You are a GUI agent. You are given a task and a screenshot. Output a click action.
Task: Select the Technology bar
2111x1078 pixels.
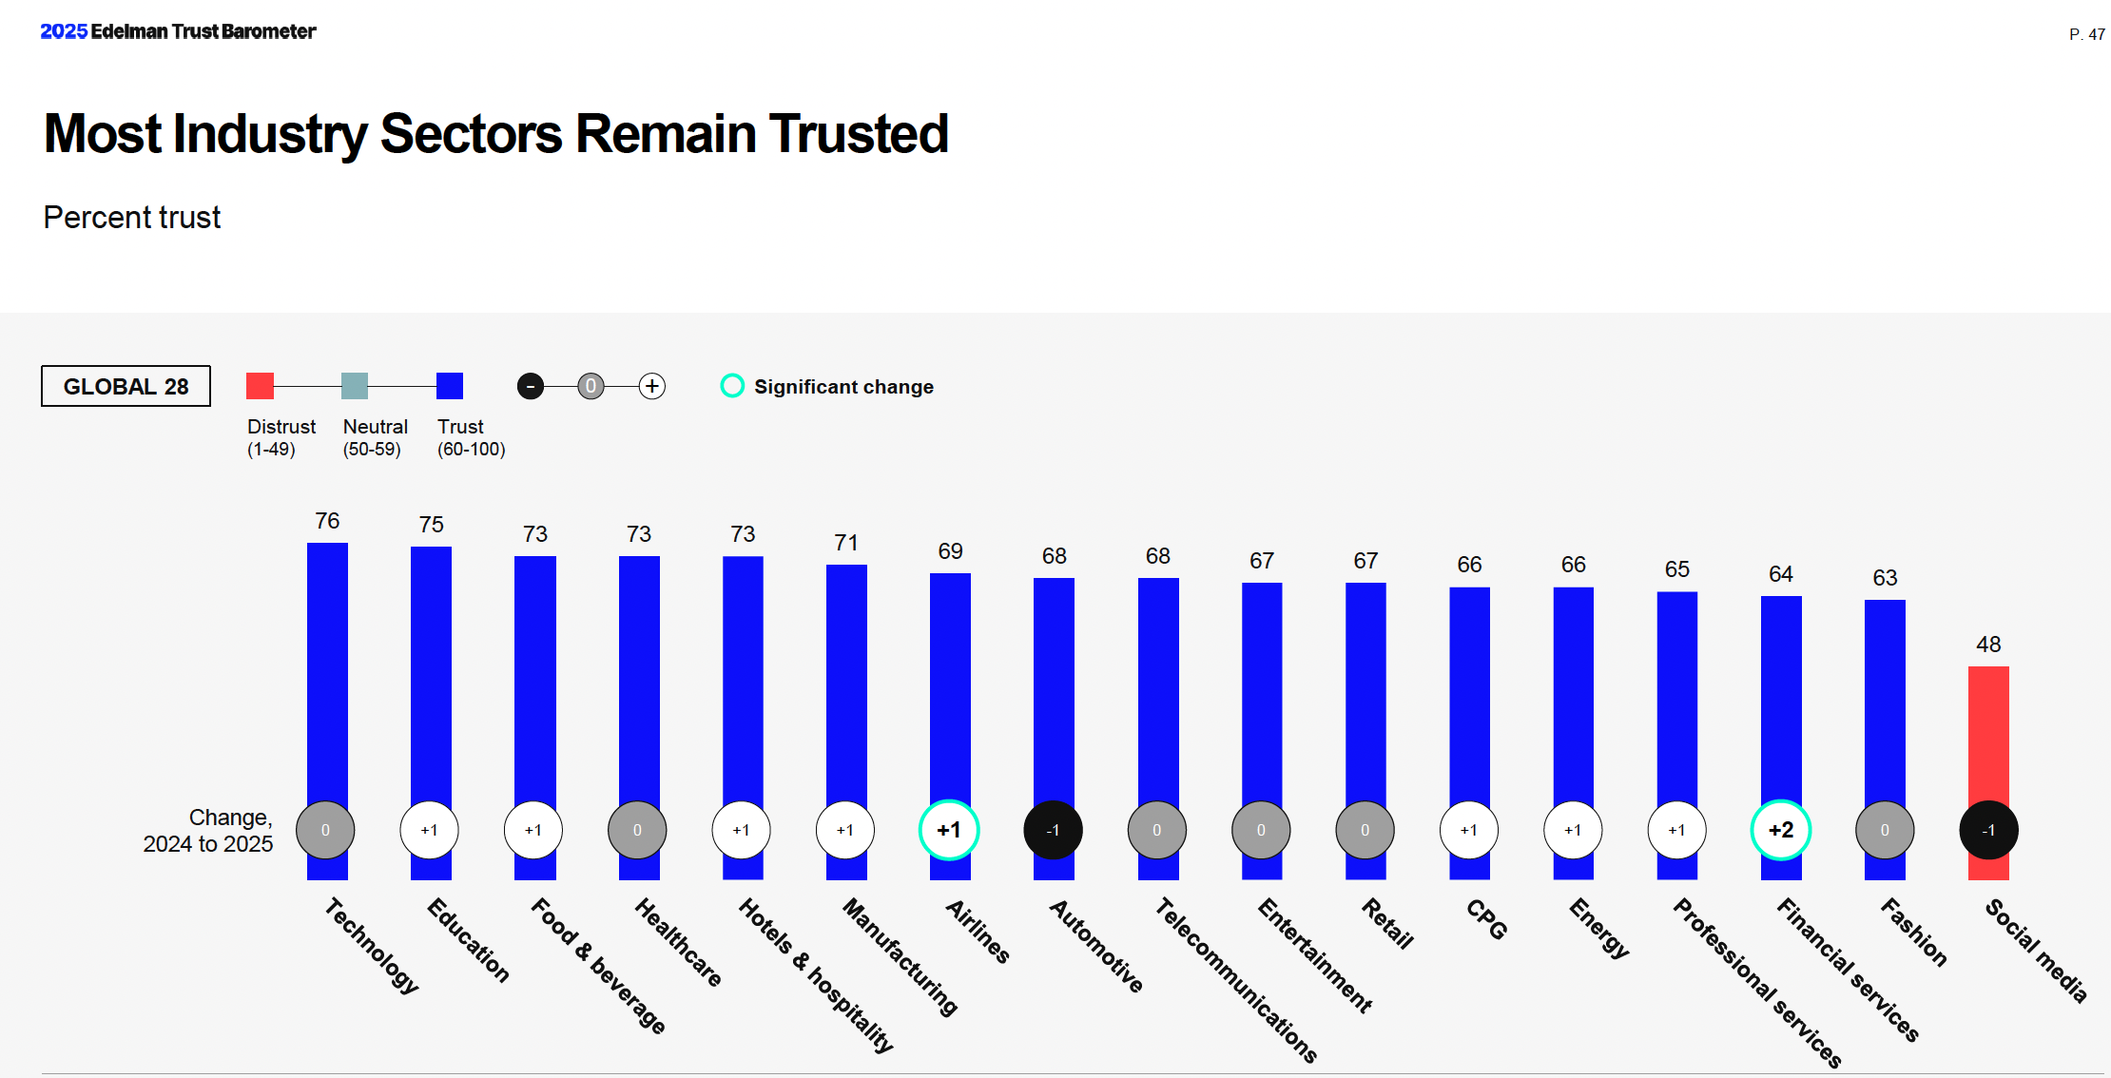click(327, 665)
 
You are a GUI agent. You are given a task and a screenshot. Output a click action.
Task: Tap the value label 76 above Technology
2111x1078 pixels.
click(327, 521)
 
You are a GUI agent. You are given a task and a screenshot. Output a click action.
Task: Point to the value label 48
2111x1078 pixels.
click(1988, 645)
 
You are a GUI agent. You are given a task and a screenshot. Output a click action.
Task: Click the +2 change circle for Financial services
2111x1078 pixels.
click(1780, 830)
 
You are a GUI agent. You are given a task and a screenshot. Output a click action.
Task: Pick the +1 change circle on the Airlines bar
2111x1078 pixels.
click(949, 830)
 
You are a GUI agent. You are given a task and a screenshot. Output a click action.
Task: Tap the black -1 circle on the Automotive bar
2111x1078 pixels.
click(1053, 830)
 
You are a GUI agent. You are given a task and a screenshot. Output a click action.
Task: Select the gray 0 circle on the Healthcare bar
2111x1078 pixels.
click(637, 830)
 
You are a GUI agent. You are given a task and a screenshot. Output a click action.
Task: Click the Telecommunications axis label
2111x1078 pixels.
click(1235, 979)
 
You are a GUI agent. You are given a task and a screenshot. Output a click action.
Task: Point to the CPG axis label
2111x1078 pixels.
click(1486, 919)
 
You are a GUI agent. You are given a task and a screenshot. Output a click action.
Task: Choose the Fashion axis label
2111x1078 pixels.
click(1913, 933)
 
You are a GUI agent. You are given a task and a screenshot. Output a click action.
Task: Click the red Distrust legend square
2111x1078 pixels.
click(260, 386)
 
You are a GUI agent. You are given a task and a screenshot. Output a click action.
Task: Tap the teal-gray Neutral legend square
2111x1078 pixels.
click(355, 386)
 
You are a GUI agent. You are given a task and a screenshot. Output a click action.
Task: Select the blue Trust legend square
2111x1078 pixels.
click(450, 386)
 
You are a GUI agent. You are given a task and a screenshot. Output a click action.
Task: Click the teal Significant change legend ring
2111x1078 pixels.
click(732, 386)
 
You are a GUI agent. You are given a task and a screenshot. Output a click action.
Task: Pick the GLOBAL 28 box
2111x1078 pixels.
click(126, 386)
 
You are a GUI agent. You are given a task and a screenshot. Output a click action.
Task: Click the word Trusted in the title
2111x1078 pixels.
click(859, 133)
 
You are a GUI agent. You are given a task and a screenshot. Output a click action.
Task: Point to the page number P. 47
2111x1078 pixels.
click(2086, 34)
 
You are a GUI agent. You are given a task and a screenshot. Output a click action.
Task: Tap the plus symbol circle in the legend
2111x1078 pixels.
click(651, 386)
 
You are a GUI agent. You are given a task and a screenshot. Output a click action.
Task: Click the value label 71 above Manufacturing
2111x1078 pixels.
click(846, 543)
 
